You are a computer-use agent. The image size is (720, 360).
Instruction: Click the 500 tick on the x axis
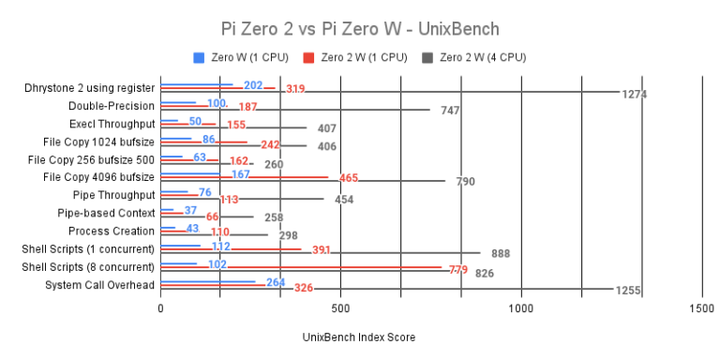340,307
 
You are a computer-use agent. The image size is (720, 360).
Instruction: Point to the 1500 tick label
701,307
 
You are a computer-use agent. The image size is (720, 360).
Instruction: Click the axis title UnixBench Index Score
359,337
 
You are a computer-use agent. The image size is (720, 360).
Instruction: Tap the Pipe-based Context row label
105,213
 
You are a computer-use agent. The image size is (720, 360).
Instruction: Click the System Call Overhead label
99,285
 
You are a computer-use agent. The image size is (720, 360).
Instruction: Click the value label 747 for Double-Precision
450,111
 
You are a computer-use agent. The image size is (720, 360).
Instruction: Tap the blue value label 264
276,282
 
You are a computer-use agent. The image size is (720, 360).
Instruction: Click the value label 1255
627,291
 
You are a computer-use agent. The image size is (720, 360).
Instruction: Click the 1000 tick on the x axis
521,307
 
